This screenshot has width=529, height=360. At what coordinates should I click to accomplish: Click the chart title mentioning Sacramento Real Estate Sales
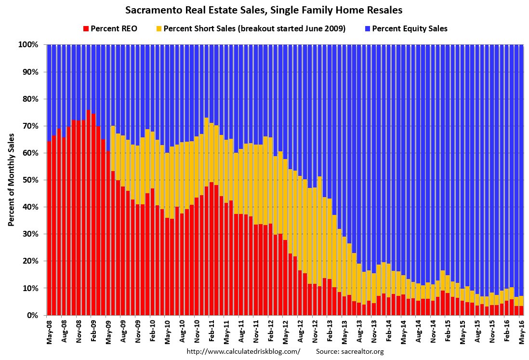[x=264, y=10]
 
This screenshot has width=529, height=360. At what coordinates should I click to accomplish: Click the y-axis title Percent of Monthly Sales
[x=11, y=179]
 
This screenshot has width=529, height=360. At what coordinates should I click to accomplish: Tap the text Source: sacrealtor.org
[x=350, y=352]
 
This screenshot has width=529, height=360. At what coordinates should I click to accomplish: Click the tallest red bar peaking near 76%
[x=88, y=212]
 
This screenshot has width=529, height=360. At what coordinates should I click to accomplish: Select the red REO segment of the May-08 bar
[x=49, y=227]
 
